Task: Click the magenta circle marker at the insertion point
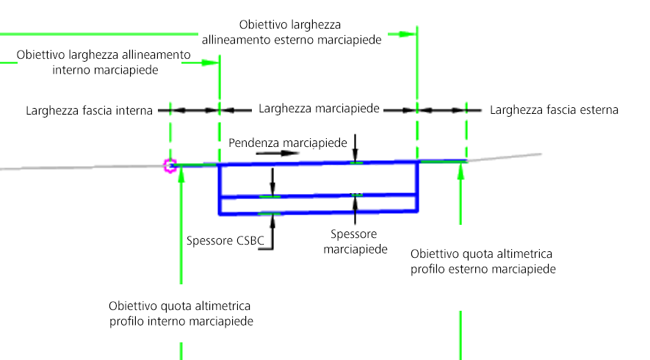tap(170, 166)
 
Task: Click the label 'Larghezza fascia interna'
tap(89, 111)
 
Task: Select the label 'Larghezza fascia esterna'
tap(555, 110)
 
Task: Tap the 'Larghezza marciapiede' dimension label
tap(319, 109)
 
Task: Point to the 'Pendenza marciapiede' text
tap(288, 143)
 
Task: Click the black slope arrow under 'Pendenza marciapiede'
tap(278, 153)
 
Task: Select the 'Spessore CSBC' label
tap(225, 240)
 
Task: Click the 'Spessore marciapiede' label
tap(355, 242)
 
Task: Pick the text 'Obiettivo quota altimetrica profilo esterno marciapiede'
tap(483, 262)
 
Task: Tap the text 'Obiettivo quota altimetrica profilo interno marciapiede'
tap(181, 314)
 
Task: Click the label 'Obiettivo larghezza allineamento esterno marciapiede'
tap(292, 32)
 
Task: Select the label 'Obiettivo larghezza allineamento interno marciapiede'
tap(104, 62)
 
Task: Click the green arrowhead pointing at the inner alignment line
tap(211, 62)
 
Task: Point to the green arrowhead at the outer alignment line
tap(408, 34)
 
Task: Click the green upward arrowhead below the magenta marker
tap(181, 173)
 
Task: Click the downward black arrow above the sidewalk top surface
tap(355, 148)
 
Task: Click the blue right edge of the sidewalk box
tap(417, 187)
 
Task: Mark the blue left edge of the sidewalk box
tap(220, 190)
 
